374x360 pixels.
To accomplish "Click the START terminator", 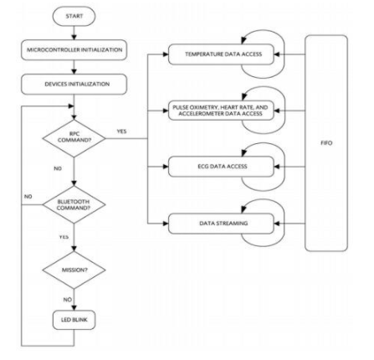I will pyautogui.click(x=74, y=16).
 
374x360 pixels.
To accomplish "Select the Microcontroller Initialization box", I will pyautogui.click(x=74, y=50).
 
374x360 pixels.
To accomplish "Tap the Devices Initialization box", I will pyautogui.click(x=74, y=84).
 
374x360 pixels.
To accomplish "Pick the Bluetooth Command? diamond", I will pyautogui.click(x=74, y=203).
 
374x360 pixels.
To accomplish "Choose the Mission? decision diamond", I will pyautogui.click(x=74, y=271).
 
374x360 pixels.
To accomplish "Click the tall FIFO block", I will pyautogui.click(x=326, y=142).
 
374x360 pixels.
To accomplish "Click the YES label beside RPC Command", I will pyautogui.click(x=122, y=130).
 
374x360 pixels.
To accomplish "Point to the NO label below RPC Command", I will pyautogui.click(x=58, y=167).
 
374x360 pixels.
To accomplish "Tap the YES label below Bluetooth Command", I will pyautogui.click(x=64, y=237).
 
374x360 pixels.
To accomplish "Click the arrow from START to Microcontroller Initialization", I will pyautogui.click(x=74, y=33).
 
